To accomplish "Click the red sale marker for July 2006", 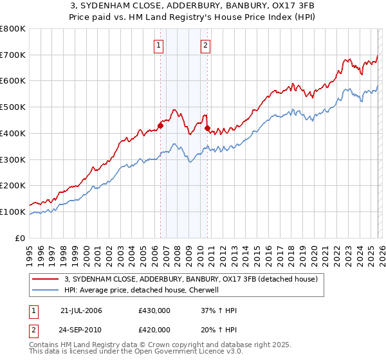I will point(160,125).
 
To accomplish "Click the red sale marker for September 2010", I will point(208,129).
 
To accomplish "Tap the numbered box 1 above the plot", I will point(158,45).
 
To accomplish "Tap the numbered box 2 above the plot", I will point(205,45).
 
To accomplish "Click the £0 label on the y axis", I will point(21,238).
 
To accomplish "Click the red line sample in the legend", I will point(45,279).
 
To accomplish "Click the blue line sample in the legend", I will point(45,290).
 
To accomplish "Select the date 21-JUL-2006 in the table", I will point(81,310).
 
